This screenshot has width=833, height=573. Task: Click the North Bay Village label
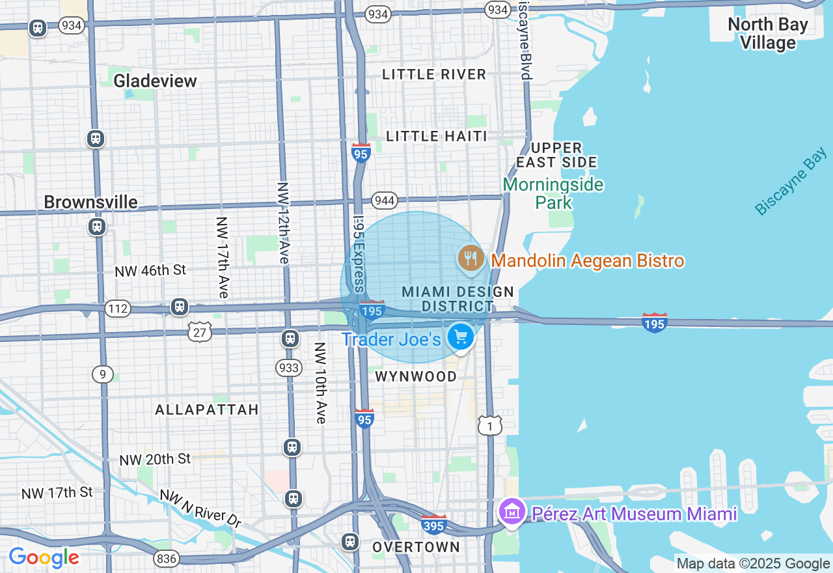(767, 34)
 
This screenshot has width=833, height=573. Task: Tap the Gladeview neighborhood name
(155, 81)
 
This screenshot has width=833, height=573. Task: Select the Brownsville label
(91, 202)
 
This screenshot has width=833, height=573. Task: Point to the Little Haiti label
(437, 136)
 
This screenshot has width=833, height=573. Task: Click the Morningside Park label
(553, 193)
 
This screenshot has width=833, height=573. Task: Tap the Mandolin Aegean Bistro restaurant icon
(471, 259)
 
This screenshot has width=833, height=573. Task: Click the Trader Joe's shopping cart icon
(461, 337)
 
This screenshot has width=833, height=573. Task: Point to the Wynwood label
(416, 376)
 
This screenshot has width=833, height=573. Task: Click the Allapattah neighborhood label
(207, 410)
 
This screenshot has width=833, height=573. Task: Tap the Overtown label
(416, 547)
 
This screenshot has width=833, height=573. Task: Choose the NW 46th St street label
(150, 270)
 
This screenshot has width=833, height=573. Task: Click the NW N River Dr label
(200, 507)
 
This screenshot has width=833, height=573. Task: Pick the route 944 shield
(385, 200)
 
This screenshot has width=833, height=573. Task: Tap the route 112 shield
(118, 308)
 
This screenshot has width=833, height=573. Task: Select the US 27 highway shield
(200, 332)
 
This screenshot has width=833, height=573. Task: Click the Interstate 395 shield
(434, 524)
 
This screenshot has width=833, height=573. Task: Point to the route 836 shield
(166, 559)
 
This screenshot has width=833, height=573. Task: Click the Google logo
(44, 557)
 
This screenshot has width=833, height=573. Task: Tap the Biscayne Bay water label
(791, 181)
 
